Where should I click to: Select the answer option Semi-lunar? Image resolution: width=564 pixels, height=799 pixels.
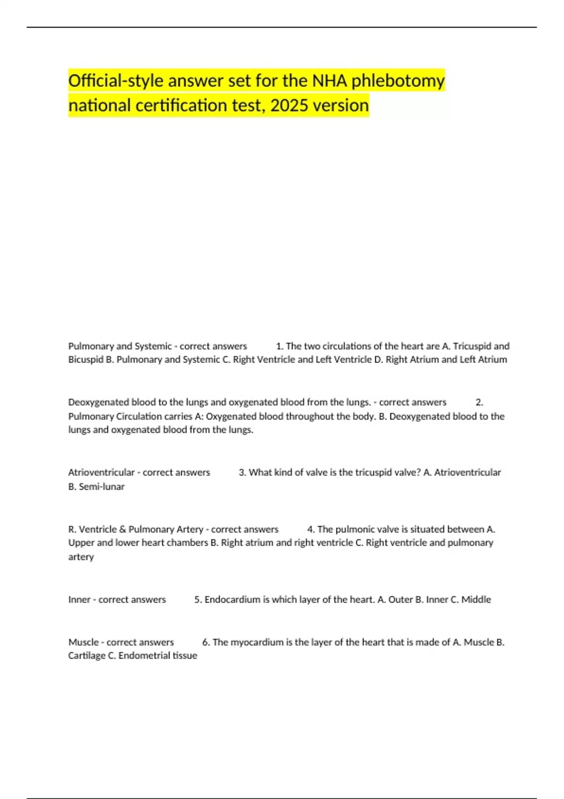point(102,487)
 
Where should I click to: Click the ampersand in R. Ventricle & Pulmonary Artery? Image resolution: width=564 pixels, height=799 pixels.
point(123,529)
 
